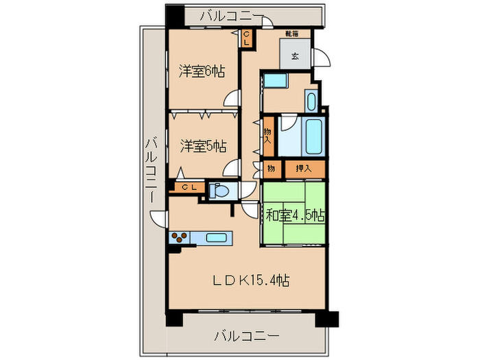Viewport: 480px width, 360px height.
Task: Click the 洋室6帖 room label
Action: click(x=202, y=71)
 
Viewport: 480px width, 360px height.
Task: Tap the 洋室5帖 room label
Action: click(x=202, y=145)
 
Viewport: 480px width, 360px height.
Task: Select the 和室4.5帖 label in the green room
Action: click(x=295, y=215)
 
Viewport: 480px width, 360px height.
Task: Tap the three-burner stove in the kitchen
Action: click(x=180, y=239)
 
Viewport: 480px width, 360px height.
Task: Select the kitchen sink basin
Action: click(x=217, y=239)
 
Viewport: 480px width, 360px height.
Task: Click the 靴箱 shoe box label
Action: click(x=292, y=33)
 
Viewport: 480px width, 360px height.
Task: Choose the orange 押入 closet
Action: click(x=303, y=168)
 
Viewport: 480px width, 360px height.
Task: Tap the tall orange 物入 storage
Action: click(x=267, y=136)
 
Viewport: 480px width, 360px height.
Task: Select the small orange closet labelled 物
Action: click(x=272, y=168)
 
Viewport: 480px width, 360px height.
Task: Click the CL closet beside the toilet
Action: click(x=189, y=187)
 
